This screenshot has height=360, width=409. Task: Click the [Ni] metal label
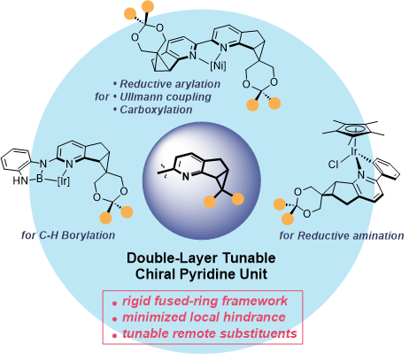pyautogui.click(x=218, y=65)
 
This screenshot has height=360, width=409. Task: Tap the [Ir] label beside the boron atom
pyautogui.click(x=63, y=181)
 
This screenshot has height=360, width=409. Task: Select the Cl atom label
pyautogui.click(x=334, y=164)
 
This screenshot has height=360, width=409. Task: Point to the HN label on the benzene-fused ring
pyautogui.click(x=20, y=180)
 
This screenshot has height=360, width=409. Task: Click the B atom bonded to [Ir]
pyautogui.click(x=40, y=178)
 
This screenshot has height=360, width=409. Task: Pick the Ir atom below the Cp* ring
pyautogui.click(x=354, y=151)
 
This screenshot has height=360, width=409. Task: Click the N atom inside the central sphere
pyautogui.click(x=185, y=177)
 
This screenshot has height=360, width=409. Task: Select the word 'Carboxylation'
pyautogui.click(x=156, y=110)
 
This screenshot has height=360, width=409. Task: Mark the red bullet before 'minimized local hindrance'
pyautogui.click(x=114, y=319)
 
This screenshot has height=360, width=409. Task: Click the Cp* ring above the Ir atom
pyautogui.click(x=354, y=129)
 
